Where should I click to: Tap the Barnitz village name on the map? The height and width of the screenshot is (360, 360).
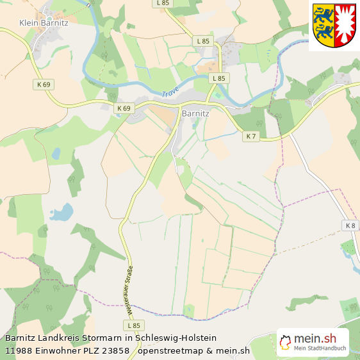click(196, 113)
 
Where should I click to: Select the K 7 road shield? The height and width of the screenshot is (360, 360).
click(251, 136)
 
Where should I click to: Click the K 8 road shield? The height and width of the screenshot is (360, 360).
click(350, 225)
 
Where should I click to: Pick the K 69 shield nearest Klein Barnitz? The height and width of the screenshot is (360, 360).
click(43, 84)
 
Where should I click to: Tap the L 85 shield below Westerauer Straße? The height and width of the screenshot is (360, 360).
click(133, 326)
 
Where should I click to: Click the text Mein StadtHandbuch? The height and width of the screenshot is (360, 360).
click(320, 348)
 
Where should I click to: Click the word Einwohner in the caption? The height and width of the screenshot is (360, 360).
click(58, 350)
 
